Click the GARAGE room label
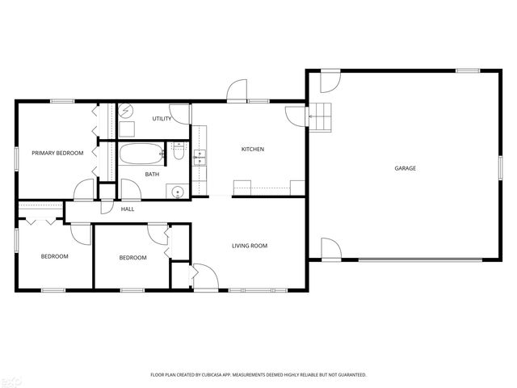(405, 168)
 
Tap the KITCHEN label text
(253, 150)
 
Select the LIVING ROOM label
(250, 246)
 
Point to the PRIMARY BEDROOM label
(57, 153)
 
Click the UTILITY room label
(162, 119)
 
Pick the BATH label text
(152, 175)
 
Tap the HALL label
(128, 209)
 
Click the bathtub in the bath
(141, 153)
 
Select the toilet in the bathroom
(179, 150)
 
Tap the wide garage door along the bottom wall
(428, 259)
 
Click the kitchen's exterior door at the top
(236, 91)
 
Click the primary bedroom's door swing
(84, 190)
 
